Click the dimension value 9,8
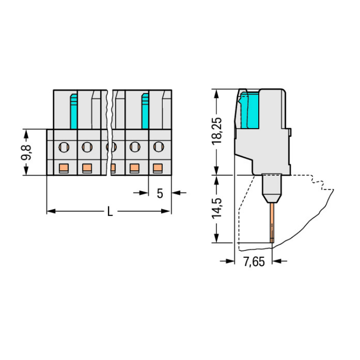coord(26,153)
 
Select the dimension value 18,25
coord(217,131)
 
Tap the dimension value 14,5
coord(217,208)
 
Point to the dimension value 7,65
coord(254,262)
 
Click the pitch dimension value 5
coord(160,193)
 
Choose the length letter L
coord(110,211)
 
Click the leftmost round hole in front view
coord(64,147)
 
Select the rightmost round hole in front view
coord(158,146)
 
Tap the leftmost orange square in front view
coord(64,168)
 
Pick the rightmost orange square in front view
coord(158,168)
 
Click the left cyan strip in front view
coord(73,111)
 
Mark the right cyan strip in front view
coord(145,111)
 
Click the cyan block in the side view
coord(250,110)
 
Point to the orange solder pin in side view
coord(272,223)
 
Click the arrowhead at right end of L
coord(167,211)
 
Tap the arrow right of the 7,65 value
coord(280,261)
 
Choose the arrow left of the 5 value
coord(141,193)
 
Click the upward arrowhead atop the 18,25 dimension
coord(216,94)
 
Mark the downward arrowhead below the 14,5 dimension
coord(216,238)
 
